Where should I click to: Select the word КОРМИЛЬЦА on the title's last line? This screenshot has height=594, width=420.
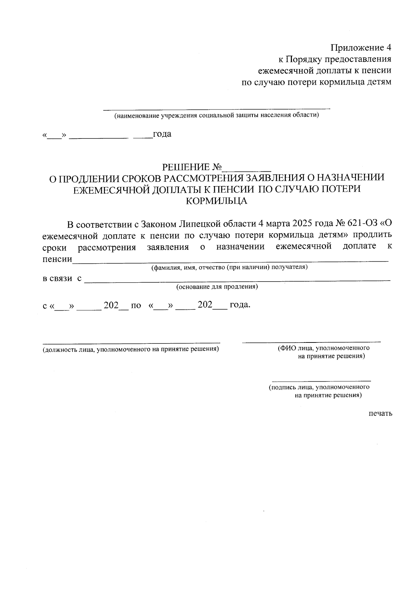[x=217, y=201]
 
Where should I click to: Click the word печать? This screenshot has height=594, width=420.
[x=380, y=413]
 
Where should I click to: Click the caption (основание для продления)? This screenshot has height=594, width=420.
[x=217, y=287]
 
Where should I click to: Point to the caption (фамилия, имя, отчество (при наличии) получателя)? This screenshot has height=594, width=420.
[x=229, y=268]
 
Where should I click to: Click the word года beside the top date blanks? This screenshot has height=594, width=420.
[x=162, y=134]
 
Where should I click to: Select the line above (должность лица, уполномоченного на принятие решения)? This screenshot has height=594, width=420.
[x=131, y=342]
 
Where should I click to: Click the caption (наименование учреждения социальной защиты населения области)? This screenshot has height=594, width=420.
[x=216, y=115]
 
